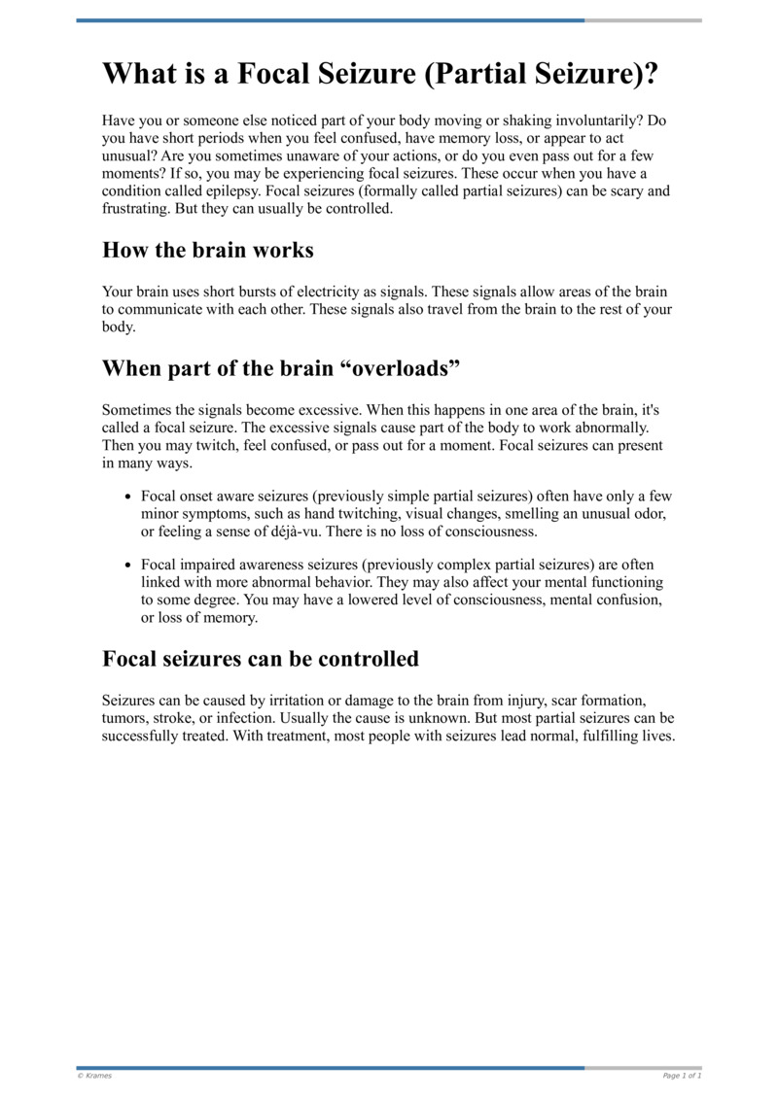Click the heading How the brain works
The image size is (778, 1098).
tap(208, 250)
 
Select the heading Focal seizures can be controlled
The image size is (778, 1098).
tap(261, 659)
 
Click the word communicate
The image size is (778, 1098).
tap(163, 309)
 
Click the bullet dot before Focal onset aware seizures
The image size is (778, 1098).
tap(128, 497)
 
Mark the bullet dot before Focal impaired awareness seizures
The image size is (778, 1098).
tap(128, 566)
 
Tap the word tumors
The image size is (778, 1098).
tap(124, 718)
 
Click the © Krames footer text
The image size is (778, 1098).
tap(94, 1076)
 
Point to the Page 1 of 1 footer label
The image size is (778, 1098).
tap(682, 1076)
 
